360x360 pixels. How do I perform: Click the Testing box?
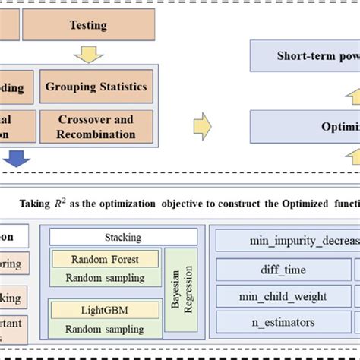(x=88, y=25)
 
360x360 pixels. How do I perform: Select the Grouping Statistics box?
(x=96, y=87)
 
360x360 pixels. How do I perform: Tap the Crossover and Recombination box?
(x=96, y=128)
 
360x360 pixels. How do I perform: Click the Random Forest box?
(x=105, y=259)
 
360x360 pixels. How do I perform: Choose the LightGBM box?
(x=105, y=309)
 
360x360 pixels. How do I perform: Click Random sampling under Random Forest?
(x=105, y=277)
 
